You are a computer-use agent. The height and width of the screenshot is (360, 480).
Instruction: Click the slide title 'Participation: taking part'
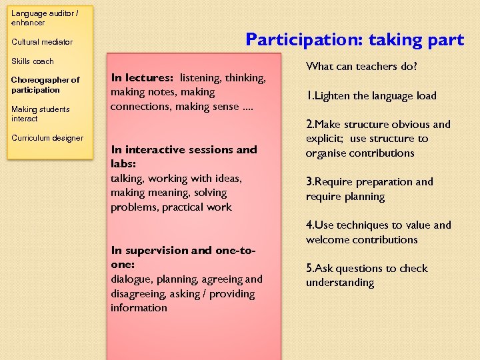(354, 40)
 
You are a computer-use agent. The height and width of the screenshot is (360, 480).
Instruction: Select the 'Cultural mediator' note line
(42, 42)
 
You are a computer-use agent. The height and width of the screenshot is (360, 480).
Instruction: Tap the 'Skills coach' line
(33, 61)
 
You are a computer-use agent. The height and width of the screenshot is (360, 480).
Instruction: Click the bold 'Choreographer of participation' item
(45, 85)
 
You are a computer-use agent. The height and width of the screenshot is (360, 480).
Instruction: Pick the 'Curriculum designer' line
(47, 138)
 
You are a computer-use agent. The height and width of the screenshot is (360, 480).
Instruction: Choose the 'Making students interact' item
(41, 114)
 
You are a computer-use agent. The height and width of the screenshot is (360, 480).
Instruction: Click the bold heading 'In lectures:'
(143, 78)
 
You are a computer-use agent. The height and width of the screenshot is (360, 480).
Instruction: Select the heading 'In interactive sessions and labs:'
(183, 156)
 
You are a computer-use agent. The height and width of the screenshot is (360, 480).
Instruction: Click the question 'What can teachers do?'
(361, 66)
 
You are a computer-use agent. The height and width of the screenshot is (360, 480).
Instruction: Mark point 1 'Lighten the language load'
(371, 95)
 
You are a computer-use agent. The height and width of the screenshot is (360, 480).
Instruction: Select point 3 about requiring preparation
(369, 189)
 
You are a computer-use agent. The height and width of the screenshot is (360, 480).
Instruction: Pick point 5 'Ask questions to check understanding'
(367, 275)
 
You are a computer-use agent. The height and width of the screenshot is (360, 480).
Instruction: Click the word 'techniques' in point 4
(365, 225)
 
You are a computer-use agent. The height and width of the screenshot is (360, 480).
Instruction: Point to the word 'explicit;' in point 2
(327, 139)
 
